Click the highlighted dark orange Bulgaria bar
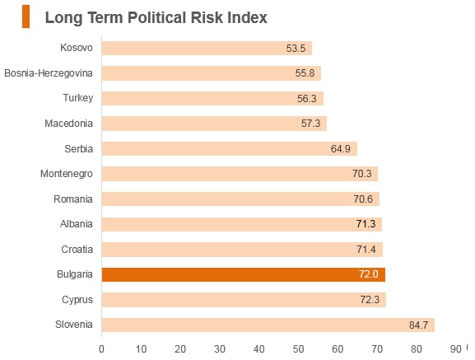[x=244, y=274]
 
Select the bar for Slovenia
[x=268, y=325]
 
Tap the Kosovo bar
[x=207, y=48]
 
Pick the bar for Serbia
[x=230, y=148]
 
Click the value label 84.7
[x=418, y=325]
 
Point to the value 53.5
[x=296, y=48]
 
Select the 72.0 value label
[x=369, y=274]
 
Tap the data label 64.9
[x=341, y=149]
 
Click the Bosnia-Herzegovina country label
[x=49, y=73]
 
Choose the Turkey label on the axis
[x=78, y=98]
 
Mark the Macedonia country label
[x=69, y=124]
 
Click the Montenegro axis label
[x=67, y=174]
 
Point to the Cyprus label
[x=77, y=300]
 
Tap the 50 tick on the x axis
[x=298, y=349]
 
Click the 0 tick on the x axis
[x=101, y=349]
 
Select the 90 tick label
[x=455, y=349]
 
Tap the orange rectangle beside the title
[x=26, y=16]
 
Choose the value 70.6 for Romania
[x=363, y=199]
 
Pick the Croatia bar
[x=242, y=250]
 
